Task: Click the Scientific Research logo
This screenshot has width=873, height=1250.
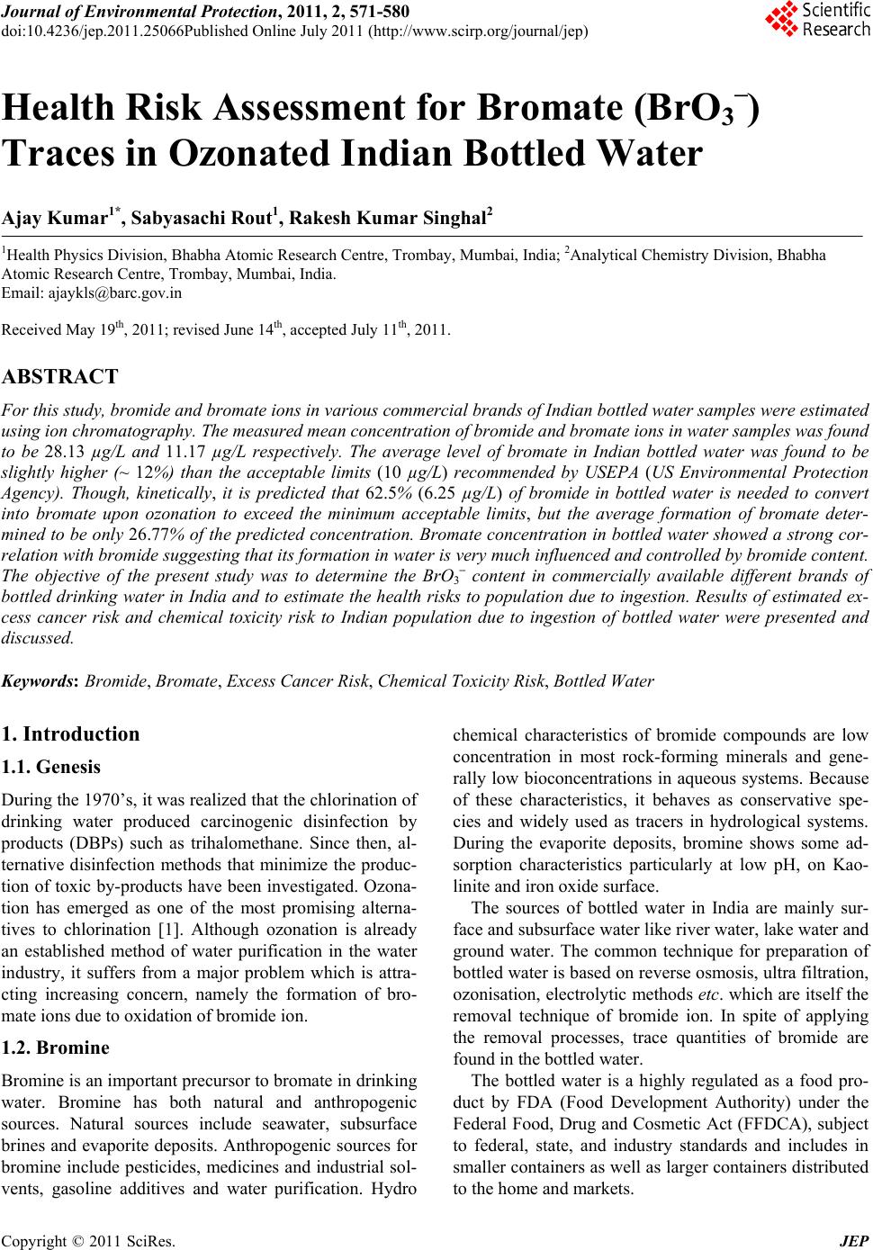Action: click(x=817, y=20)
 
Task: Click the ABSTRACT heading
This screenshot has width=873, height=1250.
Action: click(x=60, y=376)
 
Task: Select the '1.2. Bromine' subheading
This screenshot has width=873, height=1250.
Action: click(x=57, y=1048)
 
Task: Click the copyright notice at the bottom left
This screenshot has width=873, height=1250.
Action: click(x=90, y=1241)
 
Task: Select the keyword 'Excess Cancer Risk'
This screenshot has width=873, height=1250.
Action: click(x=297, y=680)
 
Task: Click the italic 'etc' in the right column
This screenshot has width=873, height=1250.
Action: click(x=709, y=994)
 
